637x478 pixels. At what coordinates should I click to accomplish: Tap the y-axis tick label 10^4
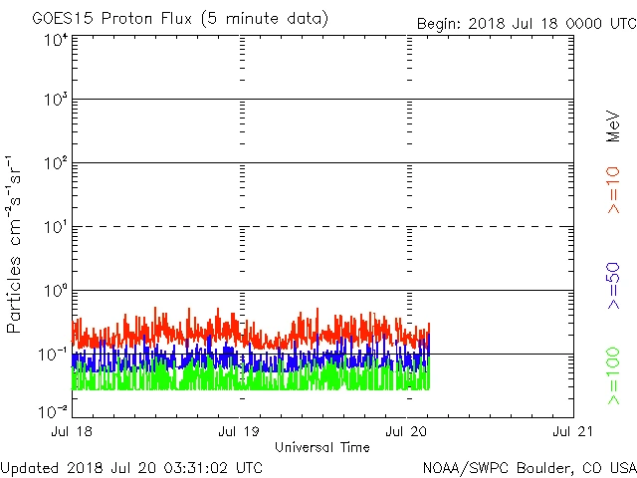pyautogui.click(x=56, y=41)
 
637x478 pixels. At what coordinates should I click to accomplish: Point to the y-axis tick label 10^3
pyautogui.click(x=56, y=101)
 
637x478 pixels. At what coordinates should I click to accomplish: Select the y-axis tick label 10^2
pyautogui.click(x=56, y=163)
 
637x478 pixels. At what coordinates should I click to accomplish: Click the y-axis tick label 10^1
pyautogui.click(x=56, y=227)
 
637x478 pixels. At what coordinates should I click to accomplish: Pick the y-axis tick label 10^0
pyautogui.click(x=56, y=291)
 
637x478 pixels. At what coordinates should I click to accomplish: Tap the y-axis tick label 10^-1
pyautogui.click(x=54, y=355)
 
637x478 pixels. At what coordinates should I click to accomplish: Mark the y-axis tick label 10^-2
pyautogui.click(x=54, y=410)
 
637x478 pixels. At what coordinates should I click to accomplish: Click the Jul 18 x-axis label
pyautogui.click(x=73, y=432)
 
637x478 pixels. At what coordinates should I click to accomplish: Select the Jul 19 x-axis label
pyautogui.click(x=240, y=432)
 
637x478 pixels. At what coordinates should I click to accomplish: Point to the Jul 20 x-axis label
pyautogui.click(x=407, y=432)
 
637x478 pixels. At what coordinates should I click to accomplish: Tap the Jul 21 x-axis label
pyautogui.click(x=573, y=432)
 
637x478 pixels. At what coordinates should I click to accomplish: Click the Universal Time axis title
pyautogui.click(x=322, y=447)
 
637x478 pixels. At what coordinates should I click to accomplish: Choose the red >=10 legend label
pyautogui.click(x=614, y=189)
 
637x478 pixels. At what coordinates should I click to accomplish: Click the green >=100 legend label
pyautogui.click(x=614, y=375)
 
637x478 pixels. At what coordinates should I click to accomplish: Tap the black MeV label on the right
pyautogui.click(x=614, y=126)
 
